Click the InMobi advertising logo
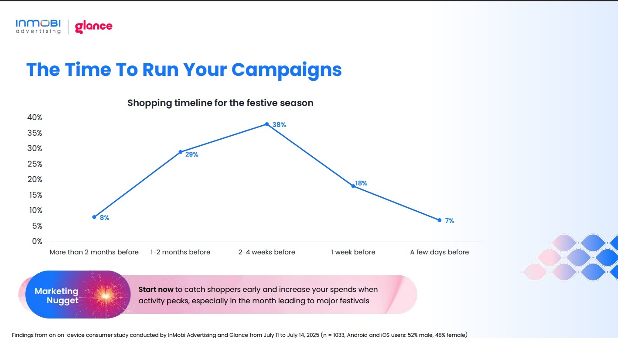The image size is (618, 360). tap(38, 27)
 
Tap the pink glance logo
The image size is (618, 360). tap(93, 27)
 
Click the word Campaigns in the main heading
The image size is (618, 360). tap(287, 70)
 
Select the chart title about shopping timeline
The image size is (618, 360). tap(220, 103)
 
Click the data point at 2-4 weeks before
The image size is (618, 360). tap(267, 124)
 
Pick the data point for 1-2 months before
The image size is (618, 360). tap(181, 152)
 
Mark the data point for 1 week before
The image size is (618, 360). tap(353, 186)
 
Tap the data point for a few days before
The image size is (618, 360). tap(440, 220)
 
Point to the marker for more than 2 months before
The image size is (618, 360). tap(94, 217)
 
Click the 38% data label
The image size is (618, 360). tap(279, 125)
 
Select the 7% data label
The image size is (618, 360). tap(449, 221)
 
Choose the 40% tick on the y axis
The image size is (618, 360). tap(35, 117)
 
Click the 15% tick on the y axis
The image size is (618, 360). tap(36, 195)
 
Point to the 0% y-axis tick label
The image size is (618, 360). tap(37, 241)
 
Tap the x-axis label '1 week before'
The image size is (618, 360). tap(353, 252)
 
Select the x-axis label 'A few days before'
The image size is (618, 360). tap(439, 252)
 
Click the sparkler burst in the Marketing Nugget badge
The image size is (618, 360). tap(106, 296)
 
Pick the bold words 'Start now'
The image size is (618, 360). tap(156, 289)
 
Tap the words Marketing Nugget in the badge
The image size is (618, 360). tap(57, 296)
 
